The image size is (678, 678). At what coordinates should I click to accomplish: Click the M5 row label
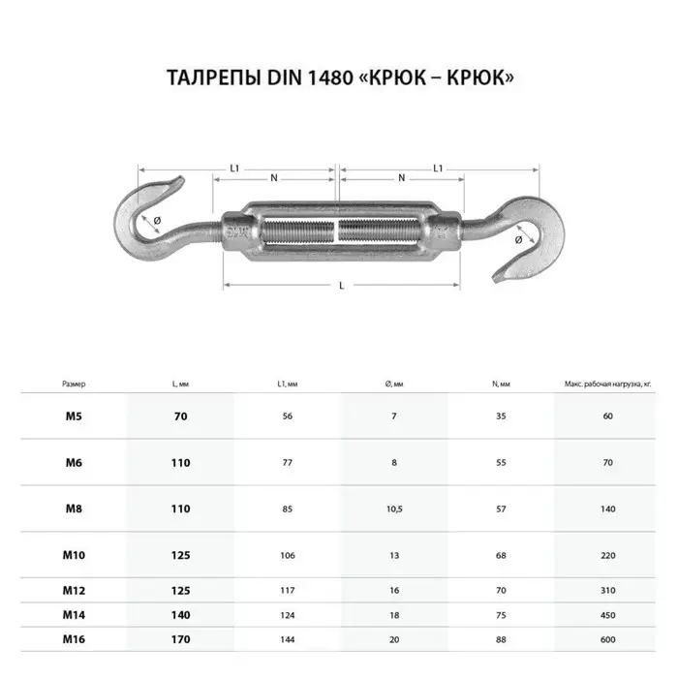74,416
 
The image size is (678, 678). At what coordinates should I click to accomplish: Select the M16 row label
74,640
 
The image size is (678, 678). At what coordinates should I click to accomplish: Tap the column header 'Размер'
74,385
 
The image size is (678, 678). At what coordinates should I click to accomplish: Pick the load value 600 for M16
607,640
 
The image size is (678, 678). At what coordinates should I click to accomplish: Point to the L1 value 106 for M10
287,555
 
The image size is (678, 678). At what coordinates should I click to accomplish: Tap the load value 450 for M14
607,614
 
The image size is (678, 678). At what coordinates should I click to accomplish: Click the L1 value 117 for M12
287,589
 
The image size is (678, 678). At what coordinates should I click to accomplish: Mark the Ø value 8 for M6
394,463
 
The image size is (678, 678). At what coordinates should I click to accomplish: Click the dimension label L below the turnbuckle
341,284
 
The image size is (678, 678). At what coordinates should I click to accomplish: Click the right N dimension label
401,177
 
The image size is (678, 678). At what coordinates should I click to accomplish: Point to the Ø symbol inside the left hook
157,221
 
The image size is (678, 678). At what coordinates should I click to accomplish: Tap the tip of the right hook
501,282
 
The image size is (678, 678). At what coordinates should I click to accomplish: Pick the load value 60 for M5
607,416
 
